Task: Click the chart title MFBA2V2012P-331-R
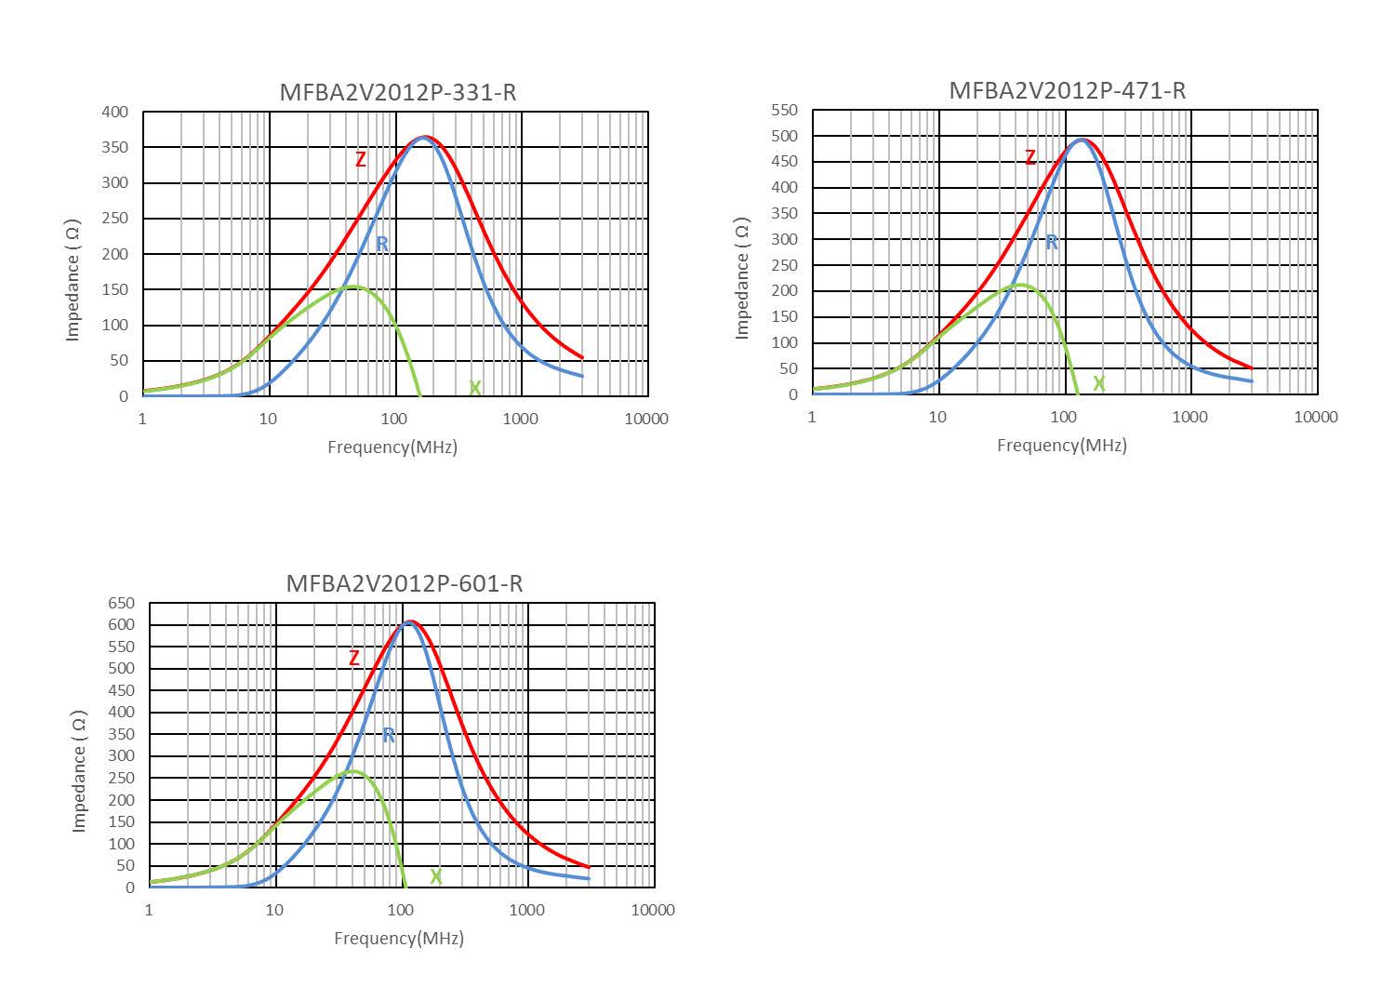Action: coord(397,92)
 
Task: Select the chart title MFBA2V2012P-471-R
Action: coord(1067,90)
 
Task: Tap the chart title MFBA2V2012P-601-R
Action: coord(404,583)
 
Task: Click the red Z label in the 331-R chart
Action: coord(361,160)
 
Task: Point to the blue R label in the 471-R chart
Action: coord(1052,243)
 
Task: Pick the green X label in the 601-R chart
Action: coord(435,877)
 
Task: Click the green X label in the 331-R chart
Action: coord(475,388)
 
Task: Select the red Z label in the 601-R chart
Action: coord(354,659)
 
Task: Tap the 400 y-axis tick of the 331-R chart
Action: coord(115,112)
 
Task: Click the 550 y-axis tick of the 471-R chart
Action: coord(785,110)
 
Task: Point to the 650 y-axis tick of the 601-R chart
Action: coord(122,603)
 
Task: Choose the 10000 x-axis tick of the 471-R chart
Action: coord(1316,417)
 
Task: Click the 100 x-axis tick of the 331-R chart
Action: coord(394,419)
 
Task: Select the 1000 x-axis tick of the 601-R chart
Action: coord(527,910)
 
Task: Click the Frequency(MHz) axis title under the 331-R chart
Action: coord(392,447)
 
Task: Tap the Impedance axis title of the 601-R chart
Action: coord(79,770)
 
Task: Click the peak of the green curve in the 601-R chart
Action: coord(353,770)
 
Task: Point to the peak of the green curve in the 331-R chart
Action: coord(353,286)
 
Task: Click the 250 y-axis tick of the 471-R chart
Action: coord(785,265)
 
